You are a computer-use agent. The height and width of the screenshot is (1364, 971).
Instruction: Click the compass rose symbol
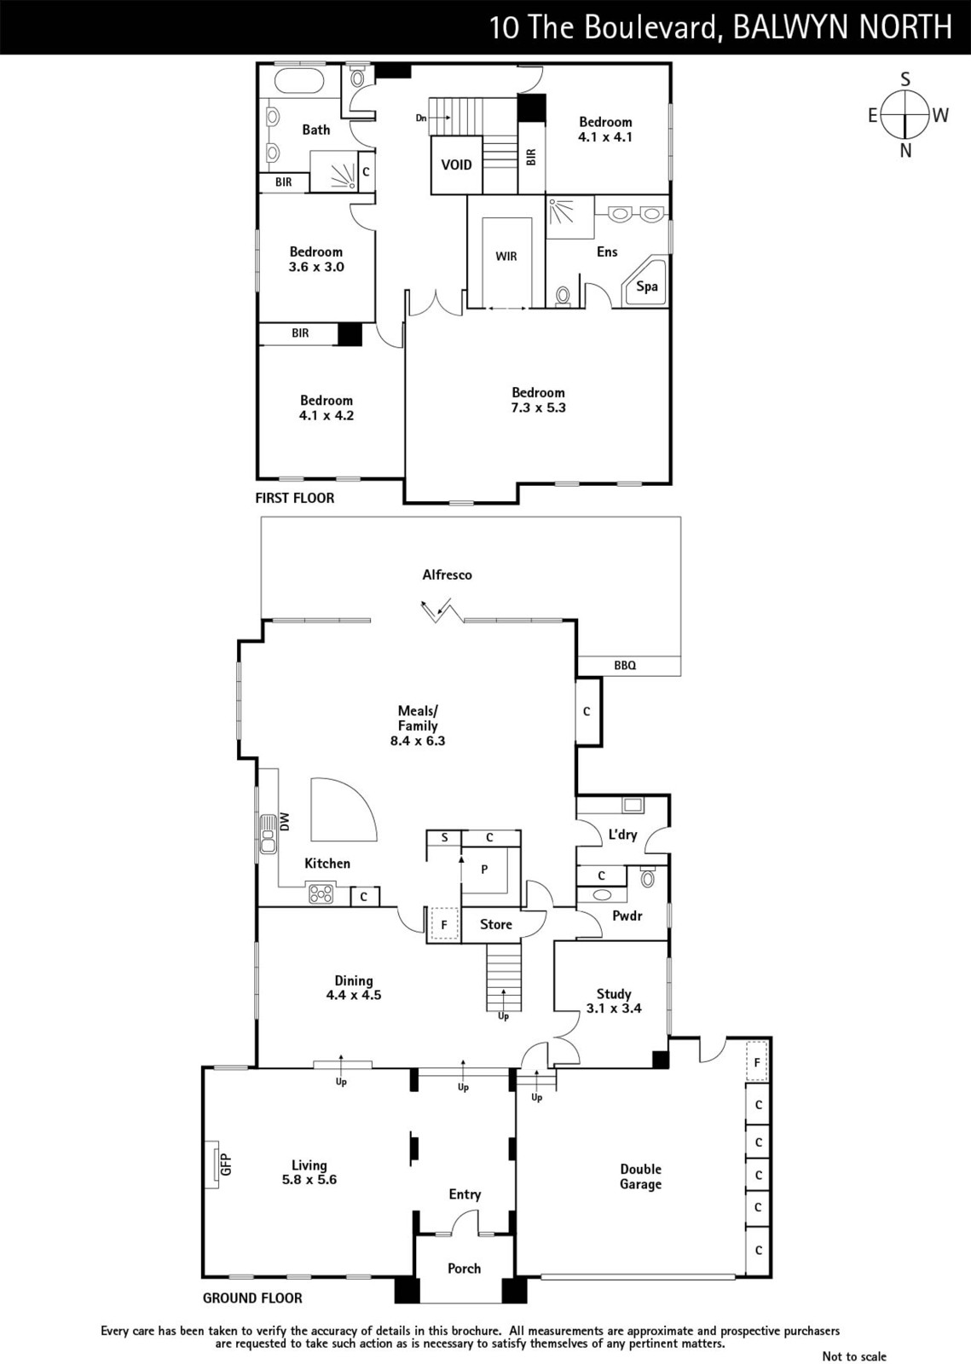coord(905,114)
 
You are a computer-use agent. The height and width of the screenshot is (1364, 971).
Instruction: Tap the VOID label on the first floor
coord(457,165)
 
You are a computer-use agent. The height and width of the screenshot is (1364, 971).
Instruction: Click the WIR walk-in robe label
coord(506,257)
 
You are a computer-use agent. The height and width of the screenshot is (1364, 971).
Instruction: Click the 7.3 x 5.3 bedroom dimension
coord(538,407)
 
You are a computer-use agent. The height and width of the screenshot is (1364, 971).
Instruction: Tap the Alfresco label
coord(447,575)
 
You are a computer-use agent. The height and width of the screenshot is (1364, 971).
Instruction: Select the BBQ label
coord(625,666)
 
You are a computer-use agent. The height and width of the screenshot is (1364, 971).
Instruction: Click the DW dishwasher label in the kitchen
coord(285,822)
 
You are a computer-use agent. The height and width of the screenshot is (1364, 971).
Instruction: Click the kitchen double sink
coord(268,834)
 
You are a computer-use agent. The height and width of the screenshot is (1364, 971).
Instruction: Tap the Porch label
coord(464,1269)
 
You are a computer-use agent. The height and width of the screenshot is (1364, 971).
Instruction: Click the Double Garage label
coord(640,1176)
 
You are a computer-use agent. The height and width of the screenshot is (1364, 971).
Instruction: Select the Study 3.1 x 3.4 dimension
coord(614,1009)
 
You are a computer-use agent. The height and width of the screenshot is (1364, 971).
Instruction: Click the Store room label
coord(495,924)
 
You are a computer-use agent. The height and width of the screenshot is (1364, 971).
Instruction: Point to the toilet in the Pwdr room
coord(648,878)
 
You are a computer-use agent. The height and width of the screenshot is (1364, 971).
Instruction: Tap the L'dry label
coord(622,835)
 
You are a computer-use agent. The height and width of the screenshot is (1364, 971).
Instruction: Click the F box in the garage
coord(757,1062)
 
